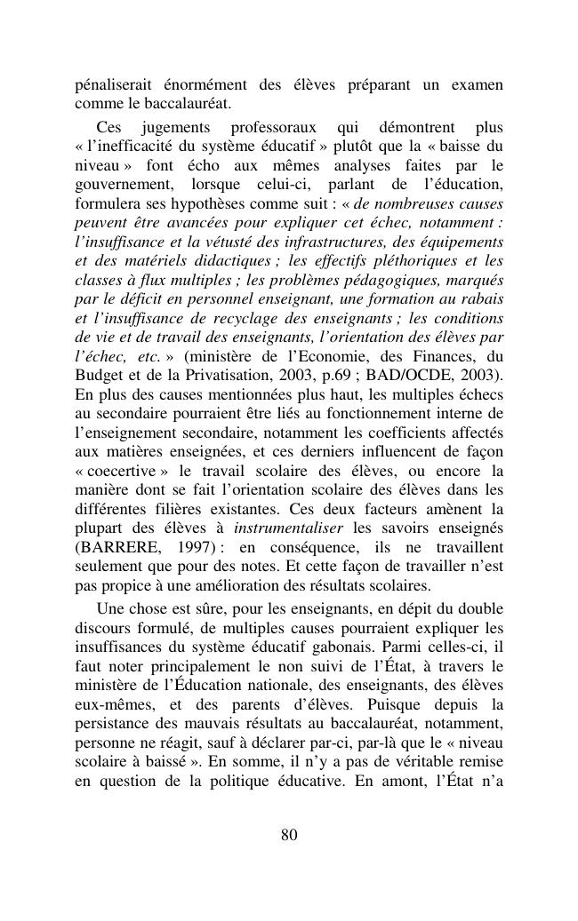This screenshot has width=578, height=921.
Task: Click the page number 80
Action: (288, 834)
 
